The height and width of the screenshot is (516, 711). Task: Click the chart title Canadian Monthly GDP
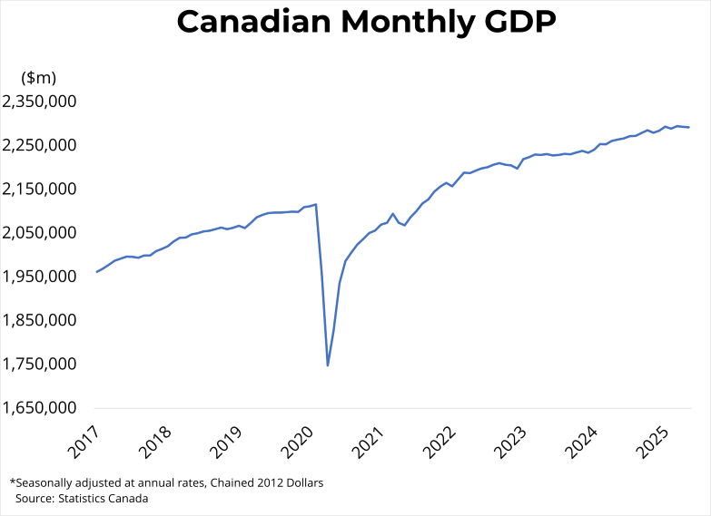[366, 23]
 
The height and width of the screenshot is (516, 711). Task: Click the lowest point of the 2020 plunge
[328, 365]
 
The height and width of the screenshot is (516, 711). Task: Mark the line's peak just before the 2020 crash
[316, 204]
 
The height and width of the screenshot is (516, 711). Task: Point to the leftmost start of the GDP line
[96, 272]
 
